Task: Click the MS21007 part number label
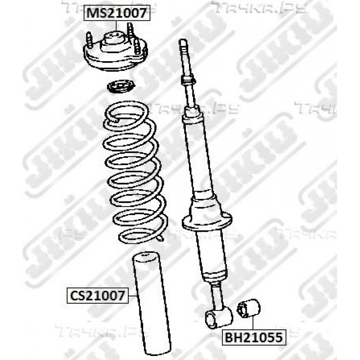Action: tap(117, 13)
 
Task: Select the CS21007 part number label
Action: tap(97, 296)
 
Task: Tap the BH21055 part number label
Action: tap(254, 337)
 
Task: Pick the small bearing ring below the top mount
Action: tap(121, 87)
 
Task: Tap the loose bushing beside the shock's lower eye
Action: tap(249, 309)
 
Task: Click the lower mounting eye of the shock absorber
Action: tap(218, 317)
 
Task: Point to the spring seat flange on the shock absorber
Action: tap(207, 221)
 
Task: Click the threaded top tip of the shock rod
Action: tap(183, 44)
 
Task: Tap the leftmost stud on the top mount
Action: tap(90, 40)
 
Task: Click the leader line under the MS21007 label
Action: tap(117, 26)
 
